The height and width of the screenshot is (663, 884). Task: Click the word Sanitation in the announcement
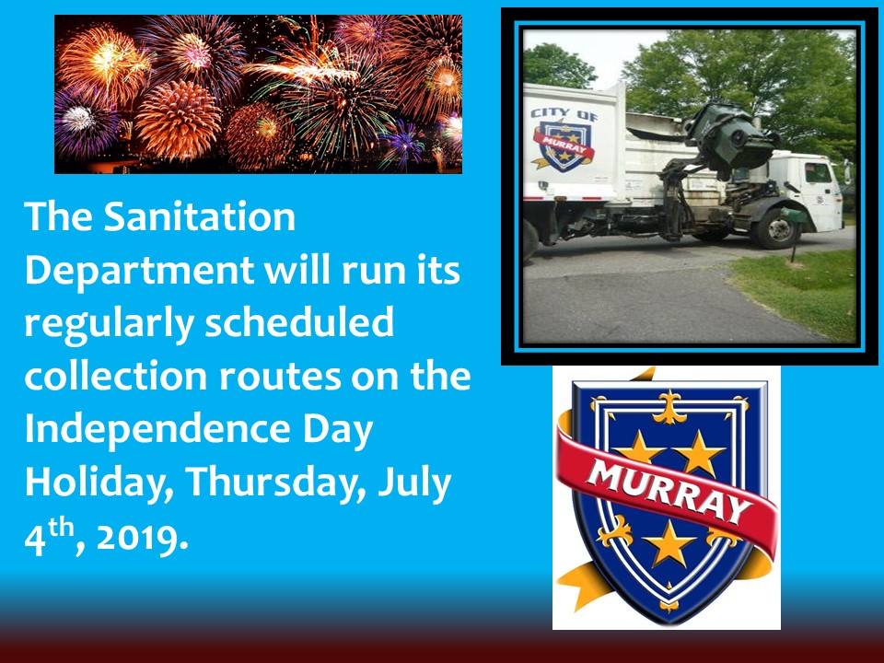[199, 216]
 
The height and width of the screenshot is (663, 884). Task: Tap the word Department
[138, 271]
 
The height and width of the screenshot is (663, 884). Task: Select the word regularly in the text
[109, 324]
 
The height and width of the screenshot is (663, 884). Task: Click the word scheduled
[298, 322]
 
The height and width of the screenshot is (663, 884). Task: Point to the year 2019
[141, 539]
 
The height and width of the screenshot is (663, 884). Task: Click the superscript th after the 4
[61, 529]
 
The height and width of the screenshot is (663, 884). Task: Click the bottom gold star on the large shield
[669, 543]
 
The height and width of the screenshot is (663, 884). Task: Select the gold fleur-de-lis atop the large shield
[669, 407]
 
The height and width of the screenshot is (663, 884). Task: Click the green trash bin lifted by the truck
[727, 138]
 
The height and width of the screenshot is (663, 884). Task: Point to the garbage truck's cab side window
[818, 172]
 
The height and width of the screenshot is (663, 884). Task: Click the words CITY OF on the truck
[564, 114]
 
